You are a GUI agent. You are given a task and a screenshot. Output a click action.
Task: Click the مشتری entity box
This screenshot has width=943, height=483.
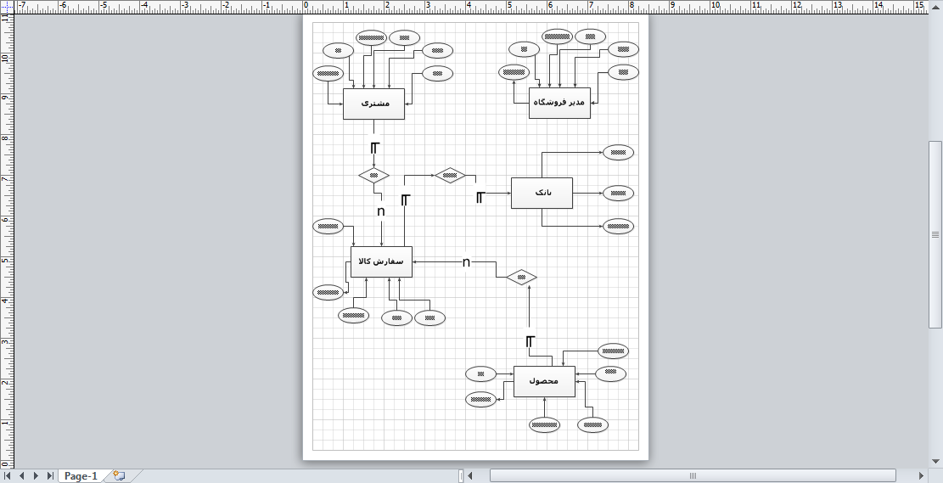(373, 104)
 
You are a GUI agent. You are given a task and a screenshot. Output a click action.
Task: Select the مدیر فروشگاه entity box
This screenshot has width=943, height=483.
(559, 103)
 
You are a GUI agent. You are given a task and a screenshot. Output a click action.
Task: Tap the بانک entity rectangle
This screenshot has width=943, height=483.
(542, 193)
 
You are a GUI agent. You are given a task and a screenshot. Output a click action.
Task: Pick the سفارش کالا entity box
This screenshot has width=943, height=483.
(381, 261)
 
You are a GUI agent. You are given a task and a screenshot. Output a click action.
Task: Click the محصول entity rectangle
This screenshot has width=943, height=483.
(544, 381)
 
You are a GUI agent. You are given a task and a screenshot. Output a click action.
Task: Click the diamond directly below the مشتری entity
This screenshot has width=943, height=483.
(373, 176)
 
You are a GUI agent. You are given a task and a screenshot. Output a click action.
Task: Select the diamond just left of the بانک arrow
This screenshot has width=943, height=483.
(450, 176)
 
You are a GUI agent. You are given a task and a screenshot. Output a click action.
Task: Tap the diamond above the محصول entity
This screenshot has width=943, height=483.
(521, 277)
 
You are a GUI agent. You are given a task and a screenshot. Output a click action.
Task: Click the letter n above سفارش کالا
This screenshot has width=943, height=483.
(381, 211)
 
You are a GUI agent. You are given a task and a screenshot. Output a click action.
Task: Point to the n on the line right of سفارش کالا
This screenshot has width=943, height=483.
(466, 262)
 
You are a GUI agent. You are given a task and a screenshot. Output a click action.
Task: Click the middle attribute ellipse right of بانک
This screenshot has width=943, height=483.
(619, 193)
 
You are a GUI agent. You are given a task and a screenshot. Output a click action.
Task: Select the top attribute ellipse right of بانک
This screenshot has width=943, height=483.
(619, 153)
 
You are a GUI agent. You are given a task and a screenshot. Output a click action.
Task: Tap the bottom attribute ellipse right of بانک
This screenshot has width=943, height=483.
(619, 226)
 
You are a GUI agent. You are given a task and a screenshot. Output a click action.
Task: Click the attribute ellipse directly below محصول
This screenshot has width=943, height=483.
(544, 424)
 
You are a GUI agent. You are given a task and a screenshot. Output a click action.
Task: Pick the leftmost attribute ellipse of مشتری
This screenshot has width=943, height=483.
(328, 73)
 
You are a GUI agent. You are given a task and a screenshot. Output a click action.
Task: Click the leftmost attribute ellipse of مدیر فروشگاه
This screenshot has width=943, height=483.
(514, 73)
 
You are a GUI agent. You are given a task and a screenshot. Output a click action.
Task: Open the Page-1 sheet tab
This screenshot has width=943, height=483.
(81, 476)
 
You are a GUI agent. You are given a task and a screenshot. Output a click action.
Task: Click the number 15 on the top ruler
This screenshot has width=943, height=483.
(919, 6)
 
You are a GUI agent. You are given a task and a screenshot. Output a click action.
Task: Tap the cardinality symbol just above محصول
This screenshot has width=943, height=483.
(530, 341)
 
